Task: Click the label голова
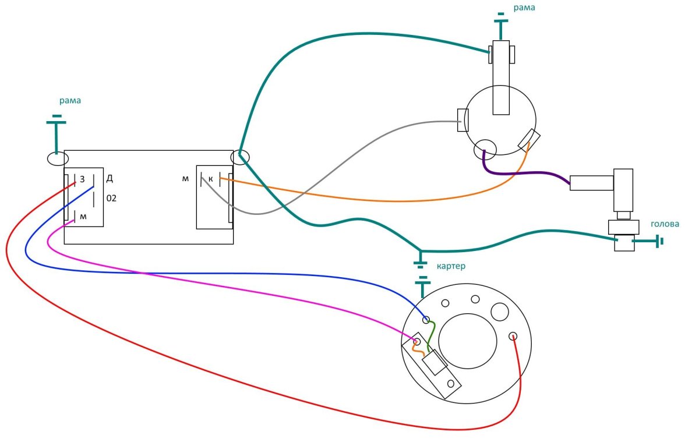coord(665,224)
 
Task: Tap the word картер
coord(451,266)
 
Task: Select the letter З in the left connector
coord(82,179)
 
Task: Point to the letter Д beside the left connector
coord(110,178)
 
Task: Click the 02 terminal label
coord(111,198)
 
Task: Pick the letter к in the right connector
coord(211,179)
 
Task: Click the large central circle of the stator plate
coord(467,341)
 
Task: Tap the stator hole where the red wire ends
coord(513,336)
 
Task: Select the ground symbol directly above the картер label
coord(421,260)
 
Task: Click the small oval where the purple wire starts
coord(485,150)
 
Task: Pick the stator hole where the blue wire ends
coord(426,320)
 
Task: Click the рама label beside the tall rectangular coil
coord(524,8)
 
